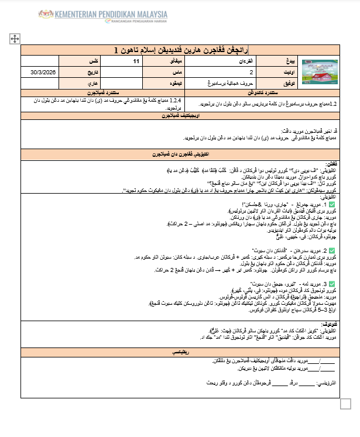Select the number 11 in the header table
[x=136, y=61]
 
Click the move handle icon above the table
[x=15, y=39]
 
